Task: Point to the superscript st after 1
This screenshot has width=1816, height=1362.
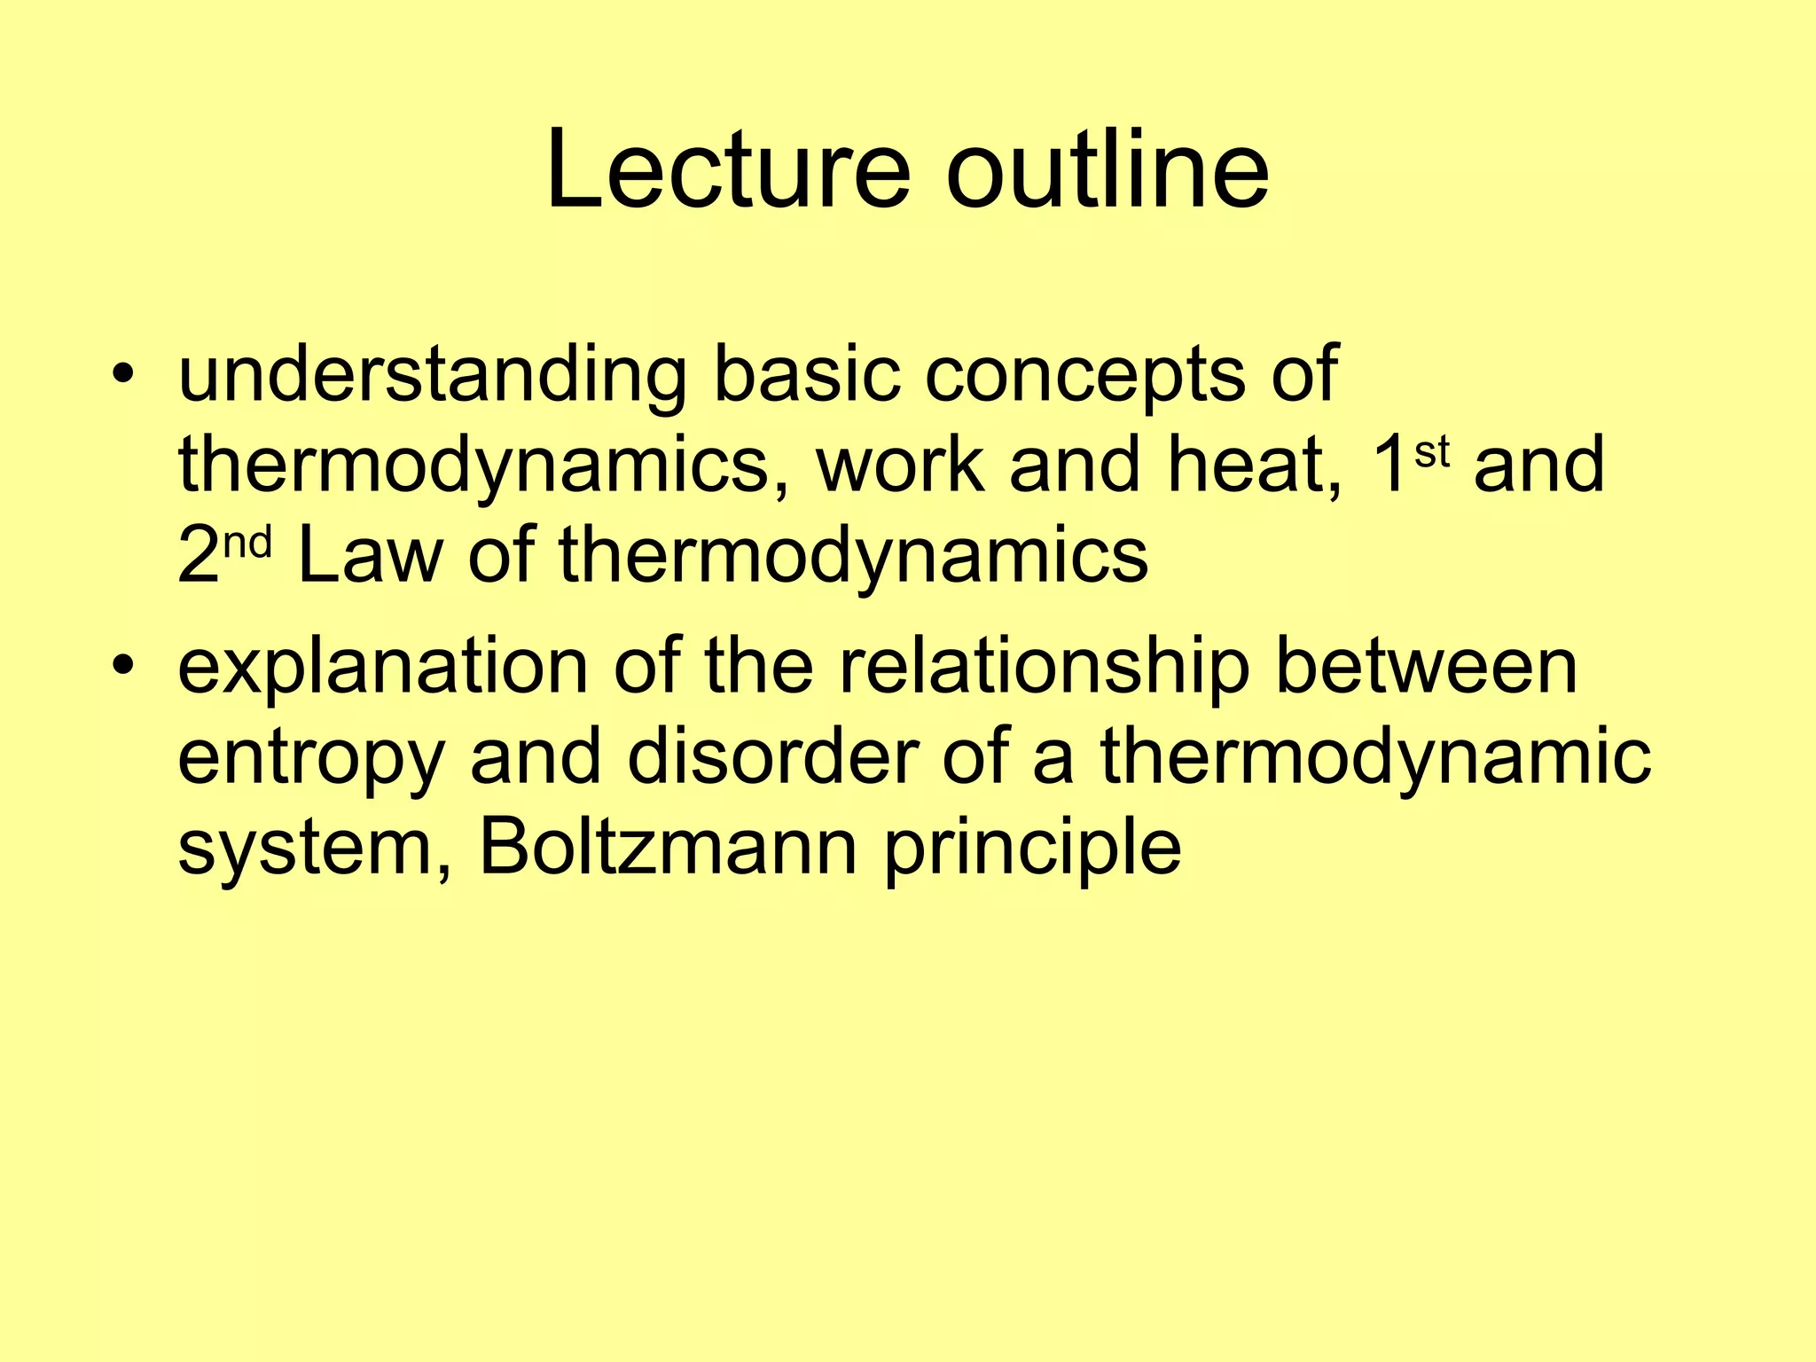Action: pyautogui.click(x=1431, y=452)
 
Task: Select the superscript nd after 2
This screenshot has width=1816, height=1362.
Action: pyautogui.click(x=247, y=543)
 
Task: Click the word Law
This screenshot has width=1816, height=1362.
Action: pyautogui.click(x=370, y=556)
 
